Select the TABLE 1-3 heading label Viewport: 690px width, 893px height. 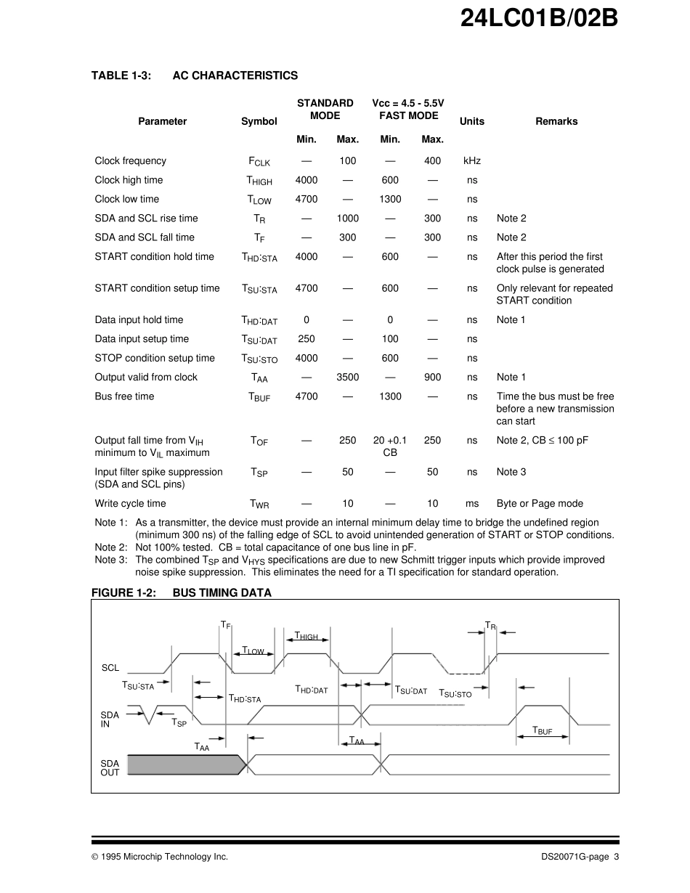[x=121, y=76]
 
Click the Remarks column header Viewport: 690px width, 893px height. [x=556, y=122]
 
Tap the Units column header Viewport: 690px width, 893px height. [x=472, y=122]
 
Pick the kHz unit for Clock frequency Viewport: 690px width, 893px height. [x=472, y=161]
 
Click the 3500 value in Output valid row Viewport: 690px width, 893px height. [x=348, y=378]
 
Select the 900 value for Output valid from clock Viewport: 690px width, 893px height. [x=432, y=378]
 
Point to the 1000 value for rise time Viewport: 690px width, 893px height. [x=348, y=219]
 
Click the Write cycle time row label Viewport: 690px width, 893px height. [x=130, y=504]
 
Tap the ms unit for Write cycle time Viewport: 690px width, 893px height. [x=472, y=504]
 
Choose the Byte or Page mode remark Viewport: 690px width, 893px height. [x=540, y=504]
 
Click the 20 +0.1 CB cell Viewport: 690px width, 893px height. [x=390, y=447]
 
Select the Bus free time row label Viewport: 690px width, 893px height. [x=124, y=396]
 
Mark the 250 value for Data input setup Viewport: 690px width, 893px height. [x=307, y=339]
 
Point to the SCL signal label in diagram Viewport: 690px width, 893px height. [x=110, y=668]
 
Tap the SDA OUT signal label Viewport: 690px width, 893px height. [x=110, y=768]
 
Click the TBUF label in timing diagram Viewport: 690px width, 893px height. [x=542, y=731]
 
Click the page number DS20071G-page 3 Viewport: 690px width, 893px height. [x=580, y=857]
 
